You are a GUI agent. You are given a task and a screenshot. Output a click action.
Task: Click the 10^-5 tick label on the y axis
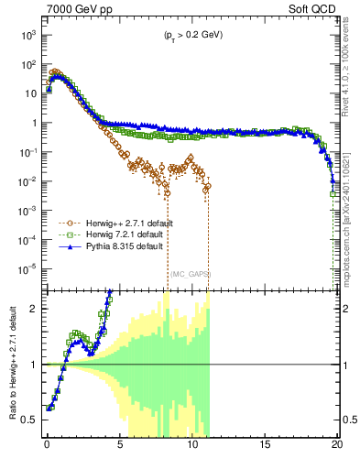27,269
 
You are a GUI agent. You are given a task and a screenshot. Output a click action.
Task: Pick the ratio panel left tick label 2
34,309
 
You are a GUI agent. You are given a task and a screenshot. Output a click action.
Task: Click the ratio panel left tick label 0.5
30,420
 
